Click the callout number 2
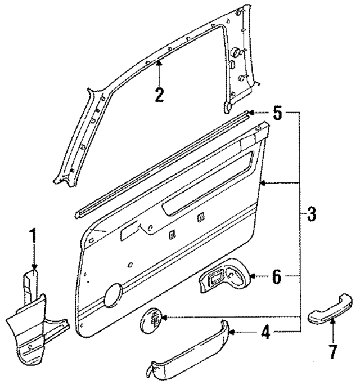159,94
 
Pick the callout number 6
276,276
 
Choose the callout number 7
332,352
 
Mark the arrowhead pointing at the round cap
163,319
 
